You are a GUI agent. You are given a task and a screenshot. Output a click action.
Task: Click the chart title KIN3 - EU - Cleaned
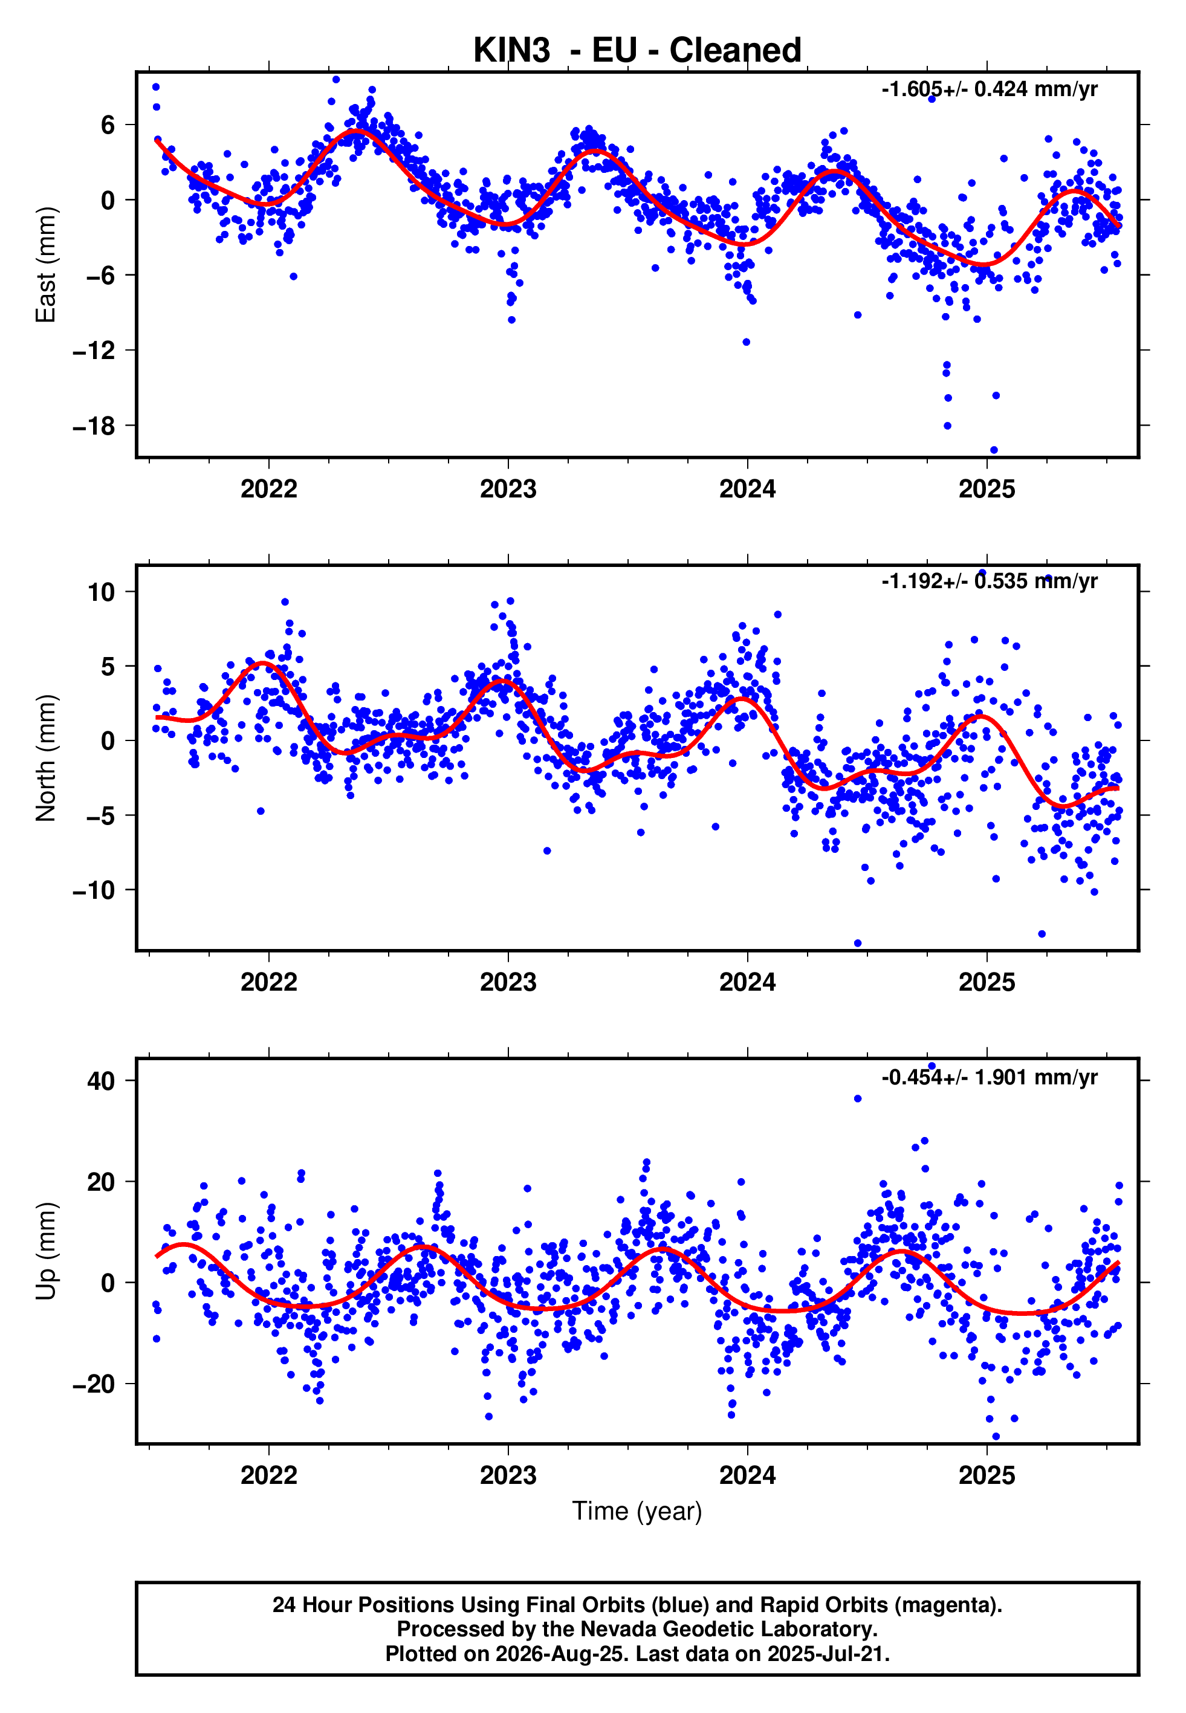tap(637, 51)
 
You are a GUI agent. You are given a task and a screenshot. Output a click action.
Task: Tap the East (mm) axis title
tap(45, 265)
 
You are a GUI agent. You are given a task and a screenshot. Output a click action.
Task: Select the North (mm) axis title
tap(45, 758)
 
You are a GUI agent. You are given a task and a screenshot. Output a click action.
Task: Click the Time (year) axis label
tap(637, 1512)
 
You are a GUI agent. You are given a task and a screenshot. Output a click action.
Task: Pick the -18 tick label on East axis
tap(93, 426)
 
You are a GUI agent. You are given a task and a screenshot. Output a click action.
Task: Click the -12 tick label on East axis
tap(93, 351)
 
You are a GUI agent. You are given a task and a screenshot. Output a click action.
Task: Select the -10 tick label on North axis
tap(93, 890)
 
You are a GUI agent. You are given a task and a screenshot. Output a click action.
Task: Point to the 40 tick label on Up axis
tap(101, 1081)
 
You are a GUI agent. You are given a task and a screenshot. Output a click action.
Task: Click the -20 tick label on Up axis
tap(93, 1384)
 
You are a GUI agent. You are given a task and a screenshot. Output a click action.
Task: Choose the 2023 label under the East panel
tap(508, 489)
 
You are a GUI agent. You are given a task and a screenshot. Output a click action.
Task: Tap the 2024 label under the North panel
tap(748, 982)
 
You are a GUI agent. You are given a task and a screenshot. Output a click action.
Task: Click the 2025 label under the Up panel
tap(987, 1475)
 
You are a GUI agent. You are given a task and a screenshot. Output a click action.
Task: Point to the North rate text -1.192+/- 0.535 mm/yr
tap(989, 581)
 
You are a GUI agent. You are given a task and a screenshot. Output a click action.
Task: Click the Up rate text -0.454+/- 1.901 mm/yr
tap(989, 1077)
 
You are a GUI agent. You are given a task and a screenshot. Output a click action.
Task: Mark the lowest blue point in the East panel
tap(994, 450)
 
